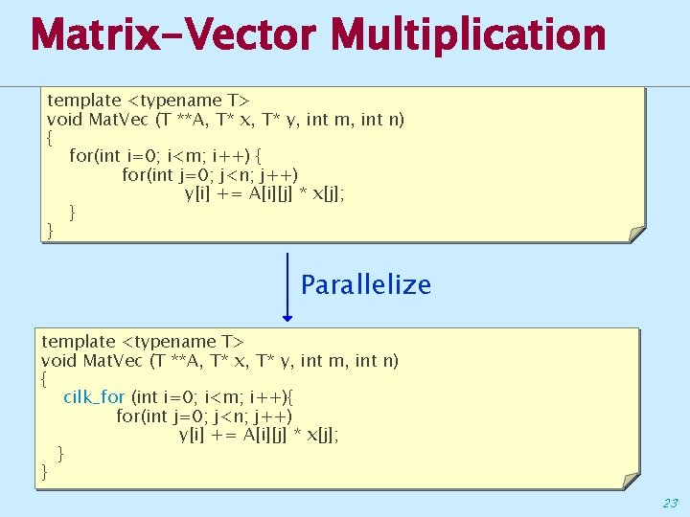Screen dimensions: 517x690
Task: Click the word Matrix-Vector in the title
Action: (x=171, y=36)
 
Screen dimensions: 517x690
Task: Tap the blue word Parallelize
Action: (x=366, y=284)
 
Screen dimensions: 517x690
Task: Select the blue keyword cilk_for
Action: (x=94, y=396)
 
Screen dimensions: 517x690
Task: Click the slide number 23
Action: (x=669, y=503)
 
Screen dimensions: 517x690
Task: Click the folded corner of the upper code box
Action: (x=635, y=234)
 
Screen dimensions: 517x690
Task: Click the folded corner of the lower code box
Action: (x=629, y=481)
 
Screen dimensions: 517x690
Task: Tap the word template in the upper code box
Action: (x=84, y=100)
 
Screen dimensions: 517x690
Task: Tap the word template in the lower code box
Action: (x=79, y=341)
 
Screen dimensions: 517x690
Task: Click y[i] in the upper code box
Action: (x=198, y=194)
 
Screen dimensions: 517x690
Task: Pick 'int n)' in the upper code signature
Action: (x=380, y=120)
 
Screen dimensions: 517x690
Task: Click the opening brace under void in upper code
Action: (x=50, y=137)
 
